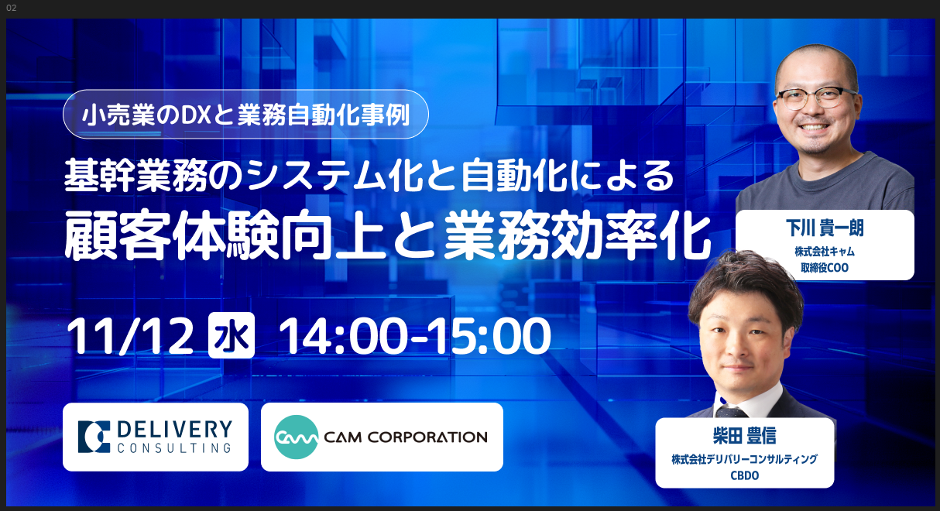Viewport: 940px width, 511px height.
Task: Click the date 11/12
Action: coord(130,336)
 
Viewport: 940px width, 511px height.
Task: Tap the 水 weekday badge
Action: coord(232,335)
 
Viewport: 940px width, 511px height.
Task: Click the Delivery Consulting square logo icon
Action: coord(94,437)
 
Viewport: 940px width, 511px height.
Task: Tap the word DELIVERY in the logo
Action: coord(174,430)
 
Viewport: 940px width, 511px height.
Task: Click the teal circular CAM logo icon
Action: coord(297,437)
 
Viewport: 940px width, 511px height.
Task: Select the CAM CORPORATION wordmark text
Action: coord(406,437)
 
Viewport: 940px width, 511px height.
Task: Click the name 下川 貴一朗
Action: coord(825,228)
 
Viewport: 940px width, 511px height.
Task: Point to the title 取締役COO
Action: coord(825,268)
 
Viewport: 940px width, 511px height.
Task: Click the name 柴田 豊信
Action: coord(744,435)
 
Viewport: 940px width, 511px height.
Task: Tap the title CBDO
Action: coord(744,475)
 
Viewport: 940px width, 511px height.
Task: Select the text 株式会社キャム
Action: coord(825,252)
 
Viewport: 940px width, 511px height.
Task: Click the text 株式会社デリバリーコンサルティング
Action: coord(744,459)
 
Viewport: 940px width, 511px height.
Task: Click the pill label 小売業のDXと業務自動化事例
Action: coord(245,114)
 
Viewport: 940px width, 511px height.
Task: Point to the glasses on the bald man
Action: coord(815,98)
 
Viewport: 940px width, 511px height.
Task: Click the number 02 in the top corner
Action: coord(12,8)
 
